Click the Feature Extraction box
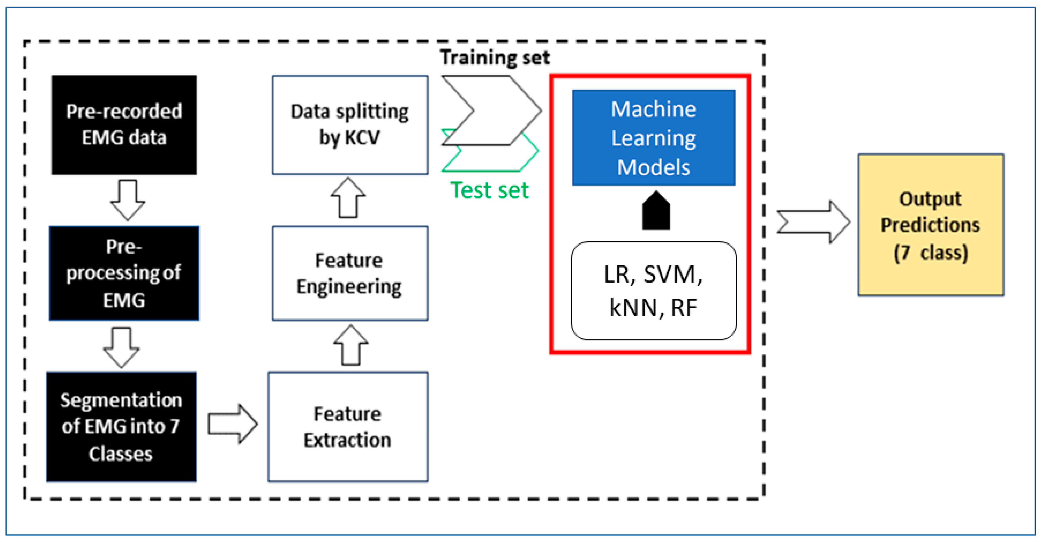click(x=347, y=427)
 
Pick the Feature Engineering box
click(x=350, y=273)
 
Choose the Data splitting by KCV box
click(x=350, y=125)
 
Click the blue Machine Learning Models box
click(x=653, y=138)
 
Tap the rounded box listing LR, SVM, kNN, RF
click(x=653, y=291)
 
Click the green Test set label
click(x=489, y=190)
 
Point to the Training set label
click(x=495, y=57)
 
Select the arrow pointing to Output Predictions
click(x=813, y=222)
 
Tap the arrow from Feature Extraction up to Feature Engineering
click(x=351, y=345)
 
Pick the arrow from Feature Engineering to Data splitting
click(x=348, y=198)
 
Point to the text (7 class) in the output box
click(x=930, y=253)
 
